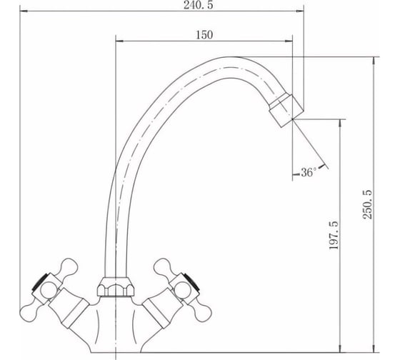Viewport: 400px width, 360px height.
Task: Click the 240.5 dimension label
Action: (198, 5)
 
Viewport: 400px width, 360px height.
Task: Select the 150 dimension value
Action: (204, 35)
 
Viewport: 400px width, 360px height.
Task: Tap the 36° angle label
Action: (309, 172)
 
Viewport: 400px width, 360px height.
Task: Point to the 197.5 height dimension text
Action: (334, 235)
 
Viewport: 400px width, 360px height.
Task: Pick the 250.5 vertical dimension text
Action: (368, 204)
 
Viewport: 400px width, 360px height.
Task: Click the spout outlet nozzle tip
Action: (286, 110)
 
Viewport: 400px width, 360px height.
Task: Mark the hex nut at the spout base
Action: (116, 286)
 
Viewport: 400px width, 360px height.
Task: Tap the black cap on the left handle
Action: (40, 282)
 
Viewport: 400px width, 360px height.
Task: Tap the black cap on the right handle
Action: (191, 282)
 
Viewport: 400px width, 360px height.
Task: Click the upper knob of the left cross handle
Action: (68, 267)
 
